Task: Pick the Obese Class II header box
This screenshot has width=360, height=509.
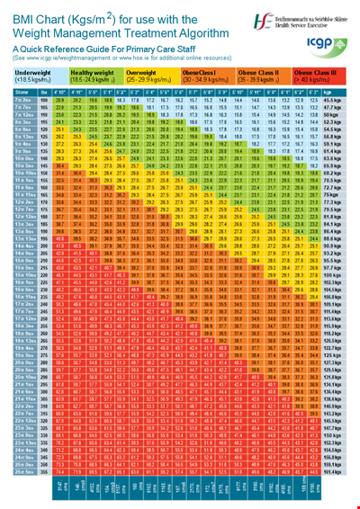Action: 266,75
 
